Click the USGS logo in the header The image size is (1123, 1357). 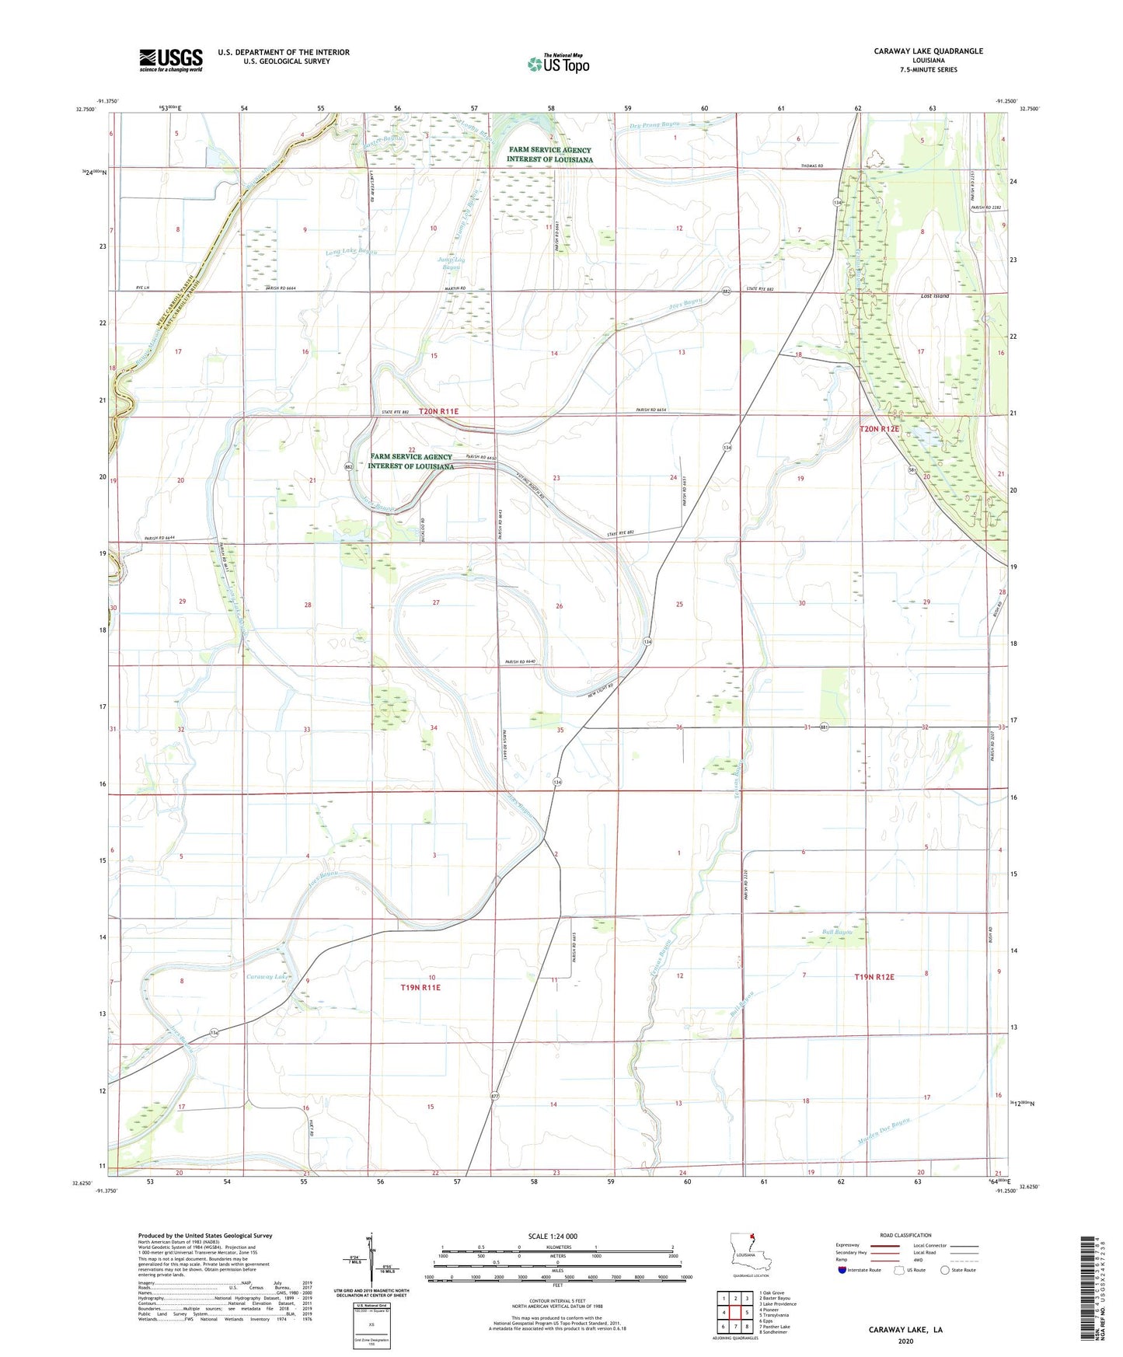(x=171, y=59)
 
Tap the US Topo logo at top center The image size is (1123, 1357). (x=557, y=64)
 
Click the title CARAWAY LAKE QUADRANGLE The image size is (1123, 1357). (x=928, y=51)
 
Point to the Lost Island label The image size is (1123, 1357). (x=934, y=296)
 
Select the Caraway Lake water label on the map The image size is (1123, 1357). (x=267, y=976)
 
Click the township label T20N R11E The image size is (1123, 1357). (x=438, y=411)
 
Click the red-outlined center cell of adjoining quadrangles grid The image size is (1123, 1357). (x=735, y=1313)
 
